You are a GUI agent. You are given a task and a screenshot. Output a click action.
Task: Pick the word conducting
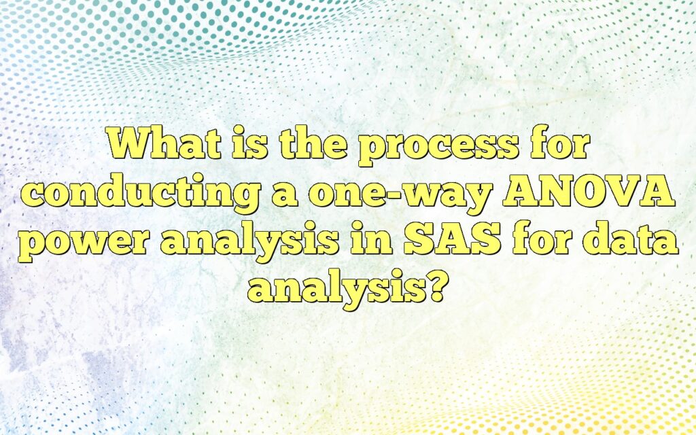point(139,194)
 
